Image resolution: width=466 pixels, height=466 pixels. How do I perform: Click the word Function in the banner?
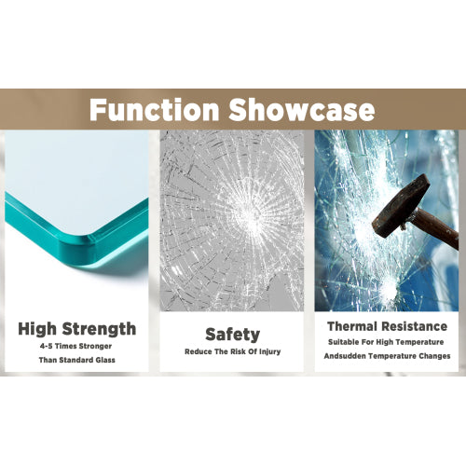coord(154,109)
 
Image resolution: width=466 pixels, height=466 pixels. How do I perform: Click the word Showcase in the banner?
coord(298,109)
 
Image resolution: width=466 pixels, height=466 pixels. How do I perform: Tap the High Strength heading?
coord(77,328)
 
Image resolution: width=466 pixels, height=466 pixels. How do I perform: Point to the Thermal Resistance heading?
coord(387,326)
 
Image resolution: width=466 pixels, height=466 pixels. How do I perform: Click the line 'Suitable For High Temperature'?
coord(387,342)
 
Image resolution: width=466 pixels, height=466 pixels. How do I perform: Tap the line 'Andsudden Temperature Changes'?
coord(387,356)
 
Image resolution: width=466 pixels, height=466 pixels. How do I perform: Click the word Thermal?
coord(349,326)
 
